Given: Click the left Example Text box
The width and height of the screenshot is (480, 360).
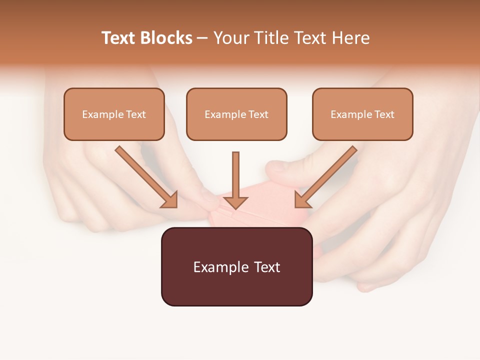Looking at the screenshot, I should (x=114, y=114).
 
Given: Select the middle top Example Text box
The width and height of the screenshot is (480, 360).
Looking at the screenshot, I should (x=236, y=114).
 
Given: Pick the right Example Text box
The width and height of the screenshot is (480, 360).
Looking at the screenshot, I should (x=362, y=114).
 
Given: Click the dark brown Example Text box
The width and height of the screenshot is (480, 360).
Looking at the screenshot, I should (x=236, y=266).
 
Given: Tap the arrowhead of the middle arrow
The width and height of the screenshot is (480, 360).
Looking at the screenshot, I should (x=235, y=202).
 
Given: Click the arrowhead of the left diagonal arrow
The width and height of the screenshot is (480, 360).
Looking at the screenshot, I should (x=170, y=200).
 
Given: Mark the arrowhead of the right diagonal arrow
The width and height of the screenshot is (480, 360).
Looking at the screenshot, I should (x=302, y=200).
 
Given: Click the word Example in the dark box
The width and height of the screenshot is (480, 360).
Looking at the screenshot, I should (x=220, y=267).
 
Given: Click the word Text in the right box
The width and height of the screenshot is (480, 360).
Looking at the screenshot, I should (x=384, y=114).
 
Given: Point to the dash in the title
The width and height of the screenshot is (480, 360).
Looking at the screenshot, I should (x=202, y=38).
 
